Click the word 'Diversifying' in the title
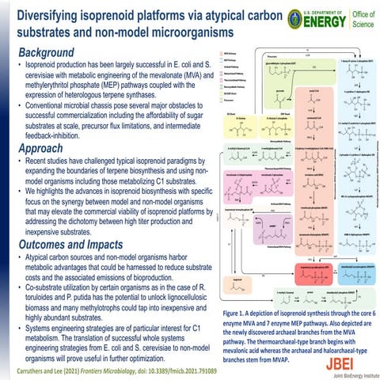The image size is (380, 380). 51,13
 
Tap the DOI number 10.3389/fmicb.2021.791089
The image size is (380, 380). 218,369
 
